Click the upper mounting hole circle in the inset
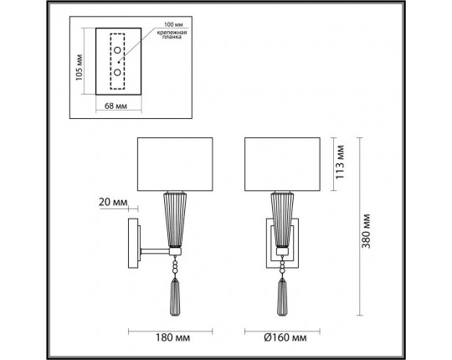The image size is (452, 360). coord(118,55)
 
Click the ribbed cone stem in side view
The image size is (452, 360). coord(175,219)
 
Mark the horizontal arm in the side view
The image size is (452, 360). coord(154,250)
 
